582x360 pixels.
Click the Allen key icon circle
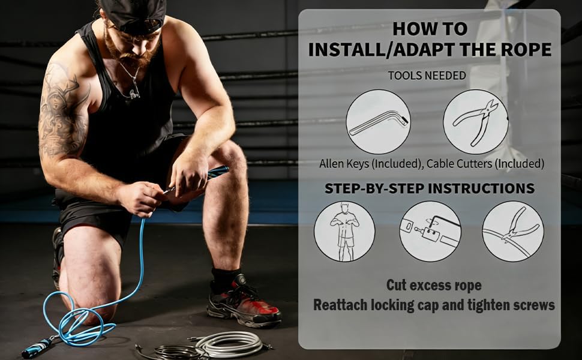(379, 121)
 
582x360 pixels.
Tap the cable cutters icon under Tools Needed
(475, 121)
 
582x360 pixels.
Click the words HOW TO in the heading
(429, 28)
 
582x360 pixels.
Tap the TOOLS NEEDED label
(427, 76)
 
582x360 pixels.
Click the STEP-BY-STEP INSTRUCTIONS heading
(429, 188)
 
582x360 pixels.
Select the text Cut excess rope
(433, 284)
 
